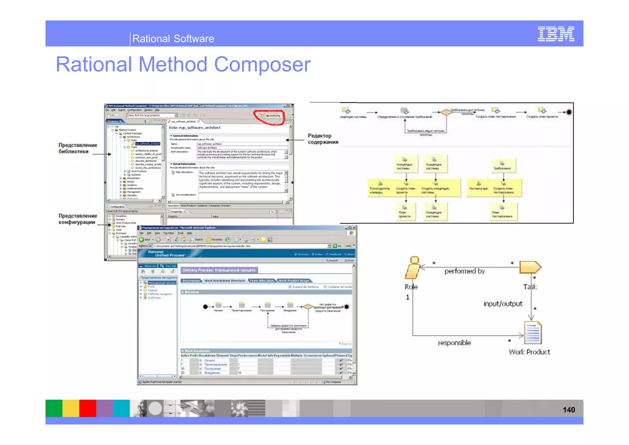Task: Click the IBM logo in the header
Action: tap(556, 34)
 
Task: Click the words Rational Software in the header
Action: tap(173, 39)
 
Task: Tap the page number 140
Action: tap(568, 410)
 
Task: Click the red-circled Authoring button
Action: tap(273, 116)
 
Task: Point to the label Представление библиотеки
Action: tap(78, 148)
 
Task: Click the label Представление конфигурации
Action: tap(78, 219)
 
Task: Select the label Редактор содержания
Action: tap(323, 139)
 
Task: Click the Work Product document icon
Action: tap(533, 333)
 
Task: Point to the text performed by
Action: tap(464, 271)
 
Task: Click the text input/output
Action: tap(503, 304)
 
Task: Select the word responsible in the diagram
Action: tap(454, 343)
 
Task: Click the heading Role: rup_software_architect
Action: tap(194, 128)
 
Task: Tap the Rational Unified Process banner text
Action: tap(166, 254)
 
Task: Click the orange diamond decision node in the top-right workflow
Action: tap(446, 112)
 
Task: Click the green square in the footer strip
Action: tap(54, 408)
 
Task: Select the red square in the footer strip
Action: tap(88, 408)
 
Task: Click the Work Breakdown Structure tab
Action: tap(225, 281)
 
